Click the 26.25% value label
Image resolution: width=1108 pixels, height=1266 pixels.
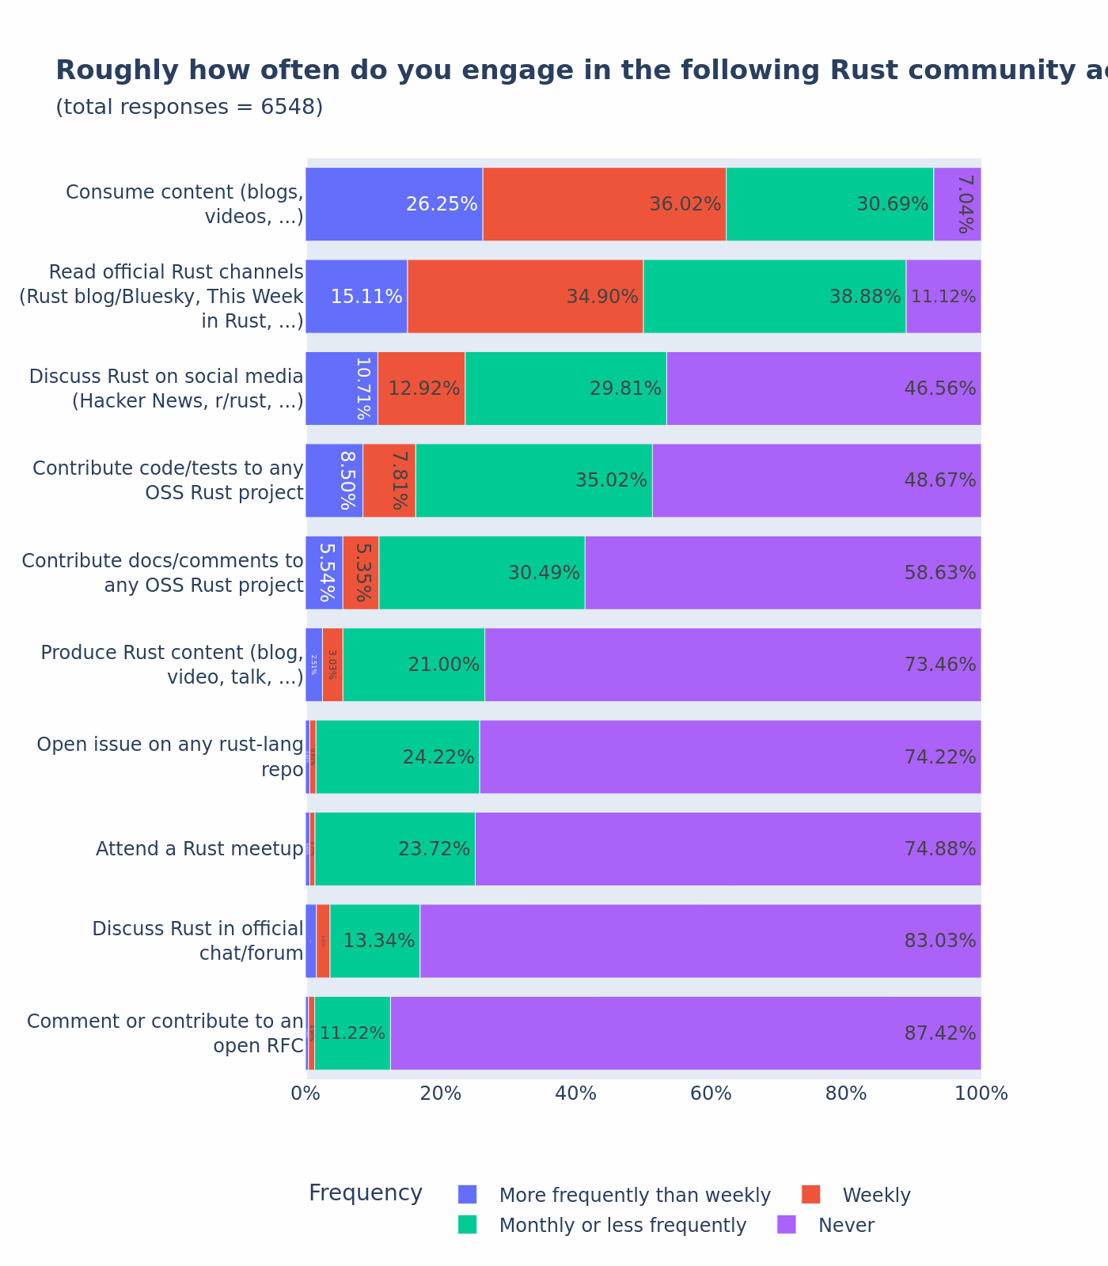coord(442,204)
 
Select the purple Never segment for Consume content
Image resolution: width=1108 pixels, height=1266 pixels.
coord(957,204)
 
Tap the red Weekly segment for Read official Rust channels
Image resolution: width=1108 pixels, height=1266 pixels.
coord(525,297)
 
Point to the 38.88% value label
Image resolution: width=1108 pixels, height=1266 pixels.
coord(864,297)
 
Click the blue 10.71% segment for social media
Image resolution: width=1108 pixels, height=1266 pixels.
coord(342,389)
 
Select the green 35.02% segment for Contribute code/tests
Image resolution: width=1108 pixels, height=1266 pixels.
coord(533,480)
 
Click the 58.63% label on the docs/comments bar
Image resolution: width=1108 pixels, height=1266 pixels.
coord(939,573)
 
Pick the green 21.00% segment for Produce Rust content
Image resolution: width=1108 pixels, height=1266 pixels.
coord(413,665)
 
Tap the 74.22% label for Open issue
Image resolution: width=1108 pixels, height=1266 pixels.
coord(939,757)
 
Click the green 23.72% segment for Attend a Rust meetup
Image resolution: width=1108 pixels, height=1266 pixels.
coord(395,849)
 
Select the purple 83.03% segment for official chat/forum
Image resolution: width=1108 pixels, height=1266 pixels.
coord(700,941)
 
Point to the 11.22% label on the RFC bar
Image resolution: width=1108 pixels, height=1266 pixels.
coord(352,1033)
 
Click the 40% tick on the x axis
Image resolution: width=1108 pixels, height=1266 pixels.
coord(576,1094)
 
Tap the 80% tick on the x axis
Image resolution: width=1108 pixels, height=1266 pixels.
coord(846,1094)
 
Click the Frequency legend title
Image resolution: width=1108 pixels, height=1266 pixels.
coord(365,1193)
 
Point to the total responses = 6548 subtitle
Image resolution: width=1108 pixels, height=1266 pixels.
coord(189,107)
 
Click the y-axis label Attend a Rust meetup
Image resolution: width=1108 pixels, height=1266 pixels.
coord(199,849)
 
